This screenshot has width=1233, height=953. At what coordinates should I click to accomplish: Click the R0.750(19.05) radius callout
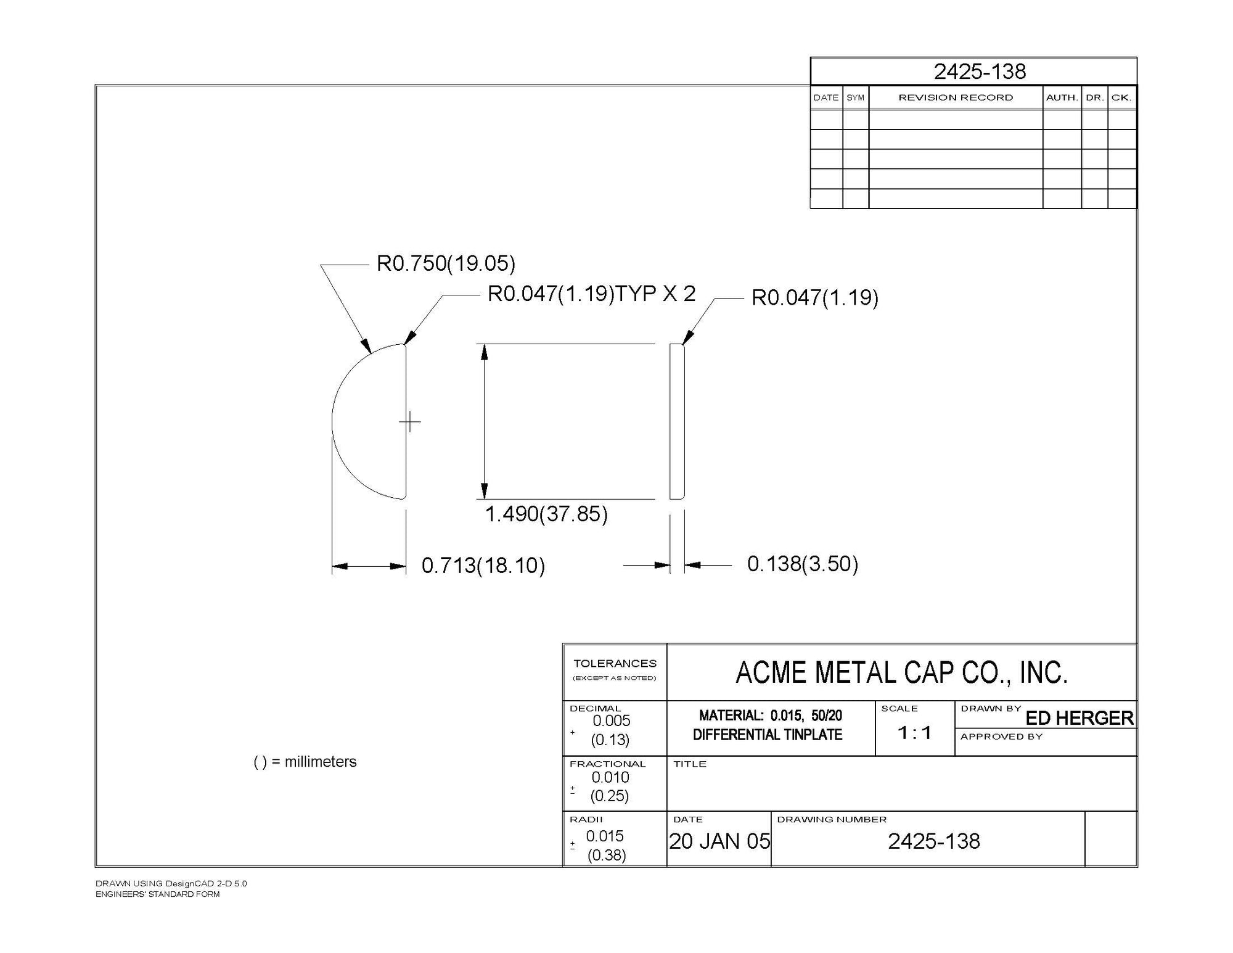(x=446, y=263)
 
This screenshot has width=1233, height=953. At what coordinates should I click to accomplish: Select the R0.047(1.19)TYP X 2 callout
(x=591, y=294)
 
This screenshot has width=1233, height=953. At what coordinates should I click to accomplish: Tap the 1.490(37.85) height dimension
(x=546, y=513)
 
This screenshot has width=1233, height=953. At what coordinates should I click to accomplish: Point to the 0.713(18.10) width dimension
(x=483, y=565)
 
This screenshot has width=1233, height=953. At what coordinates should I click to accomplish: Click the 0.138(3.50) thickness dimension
(x=803, y=563)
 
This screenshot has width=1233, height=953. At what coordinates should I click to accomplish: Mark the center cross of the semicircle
(x=410, y=422)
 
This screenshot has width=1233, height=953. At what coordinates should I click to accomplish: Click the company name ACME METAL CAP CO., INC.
(x=901, y=672)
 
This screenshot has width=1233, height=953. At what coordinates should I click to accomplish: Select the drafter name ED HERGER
(x=1079, y=718)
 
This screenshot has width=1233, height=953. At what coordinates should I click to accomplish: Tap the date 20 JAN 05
(x=719, y=841)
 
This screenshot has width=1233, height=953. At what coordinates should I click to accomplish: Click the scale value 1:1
(x=914, y=733)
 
